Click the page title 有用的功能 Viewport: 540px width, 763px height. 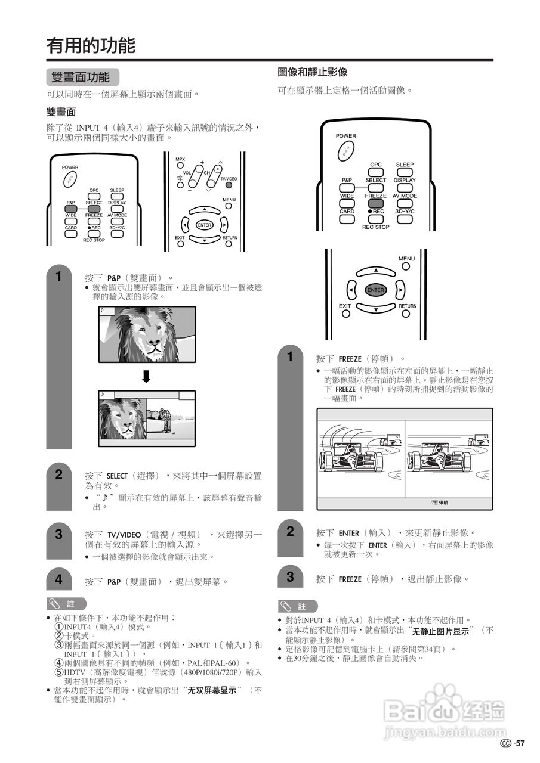coord(91,45)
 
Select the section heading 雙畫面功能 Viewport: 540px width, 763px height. coord(81,77)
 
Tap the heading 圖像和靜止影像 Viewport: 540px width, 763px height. coord(313,72)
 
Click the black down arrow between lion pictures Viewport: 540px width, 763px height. coord(146,377)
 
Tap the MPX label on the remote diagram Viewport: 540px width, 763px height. coord(180,159)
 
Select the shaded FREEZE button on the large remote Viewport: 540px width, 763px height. coord(376,203)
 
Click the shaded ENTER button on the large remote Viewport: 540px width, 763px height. coord(375,290)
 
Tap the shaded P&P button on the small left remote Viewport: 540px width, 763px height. coord(71,209)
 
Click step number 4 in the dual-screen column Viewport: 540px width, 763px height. coord(58,579)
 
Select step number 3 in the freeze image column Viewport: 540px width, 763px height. coord(291,576)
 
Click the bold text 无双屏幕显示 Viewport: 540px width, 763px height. coord(214,690)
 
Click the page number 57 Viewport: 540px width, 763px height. coord(520,743)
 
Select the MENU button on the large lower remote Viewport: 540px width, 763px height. coord(406,266)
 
